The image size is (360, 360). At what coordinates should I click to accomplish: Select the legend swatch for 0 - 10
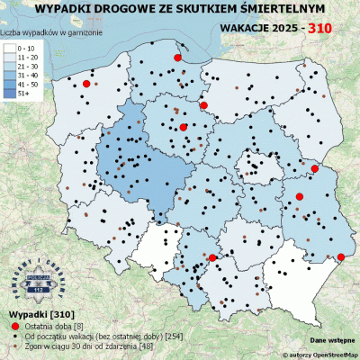point(11,47)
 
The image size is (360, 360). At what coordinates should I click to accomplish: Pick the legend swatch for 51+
point(11,92)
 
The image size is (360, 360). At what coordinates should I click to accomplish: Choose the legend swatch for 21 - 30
point(11,65)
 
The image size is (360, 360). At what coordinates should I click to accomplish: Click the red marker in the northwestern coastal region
point(86,84)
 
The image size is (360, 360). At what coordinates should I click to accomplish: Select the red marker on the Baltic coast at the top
point(177,57)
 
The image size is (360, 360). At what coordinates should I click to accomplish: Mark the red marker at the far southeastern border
point(339,258)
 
